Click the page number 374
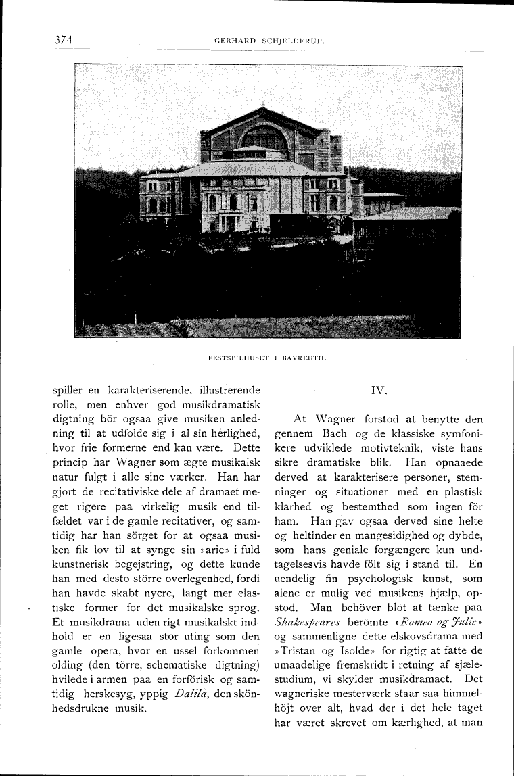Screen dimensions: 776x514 64,39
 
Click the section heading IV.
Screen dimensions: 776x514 379,390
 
